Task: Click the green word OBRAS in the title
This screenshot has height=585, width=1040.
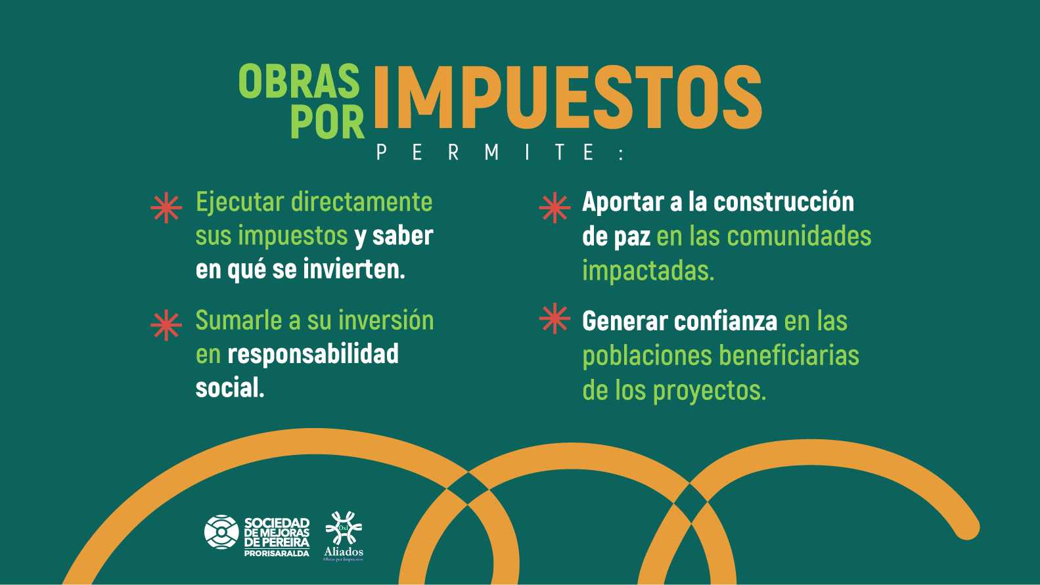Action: [x=300, y=81]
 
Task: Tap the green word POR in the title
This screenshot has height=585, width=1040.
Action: [x=327, y=121]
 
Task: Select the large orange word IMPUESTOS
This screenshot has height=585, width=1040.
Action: [x=568, y=97]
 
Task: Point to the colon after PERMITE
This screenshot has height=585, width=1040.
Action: [x=622, y=154]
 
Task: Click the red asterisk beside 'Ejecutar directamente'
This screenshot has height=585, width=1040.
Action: [x=166, y=208]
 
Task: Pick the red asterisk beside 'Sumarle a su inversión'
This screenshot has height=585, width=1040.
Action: [x=166, y=325]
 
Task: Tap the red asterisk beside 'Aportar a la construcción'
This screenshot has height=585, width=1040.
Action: [x=555, y=208]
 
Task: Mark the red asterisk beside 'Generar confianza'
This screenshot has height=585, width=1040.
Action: [x=555, y=318]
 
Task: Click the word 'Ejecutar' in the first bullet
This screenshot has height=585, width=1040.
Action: [x=240, y=202]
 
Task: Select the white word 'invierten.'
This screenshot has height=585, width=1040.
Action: [x=354, y=269]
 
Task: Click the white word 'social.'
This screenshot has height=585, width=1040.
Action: [x=230, y=387]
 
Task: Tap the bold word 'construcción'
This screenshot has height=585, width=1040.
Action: [x=784, y=202]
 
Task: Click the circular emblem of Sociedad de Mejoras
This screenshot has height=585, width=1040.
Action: [x=221, y=532]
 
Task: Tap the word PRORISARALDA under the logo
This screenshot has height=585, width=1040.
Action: [x=277, y=553]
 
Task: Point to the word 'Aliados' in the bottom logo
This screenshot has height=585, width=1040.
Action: [x=344, y=552]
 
